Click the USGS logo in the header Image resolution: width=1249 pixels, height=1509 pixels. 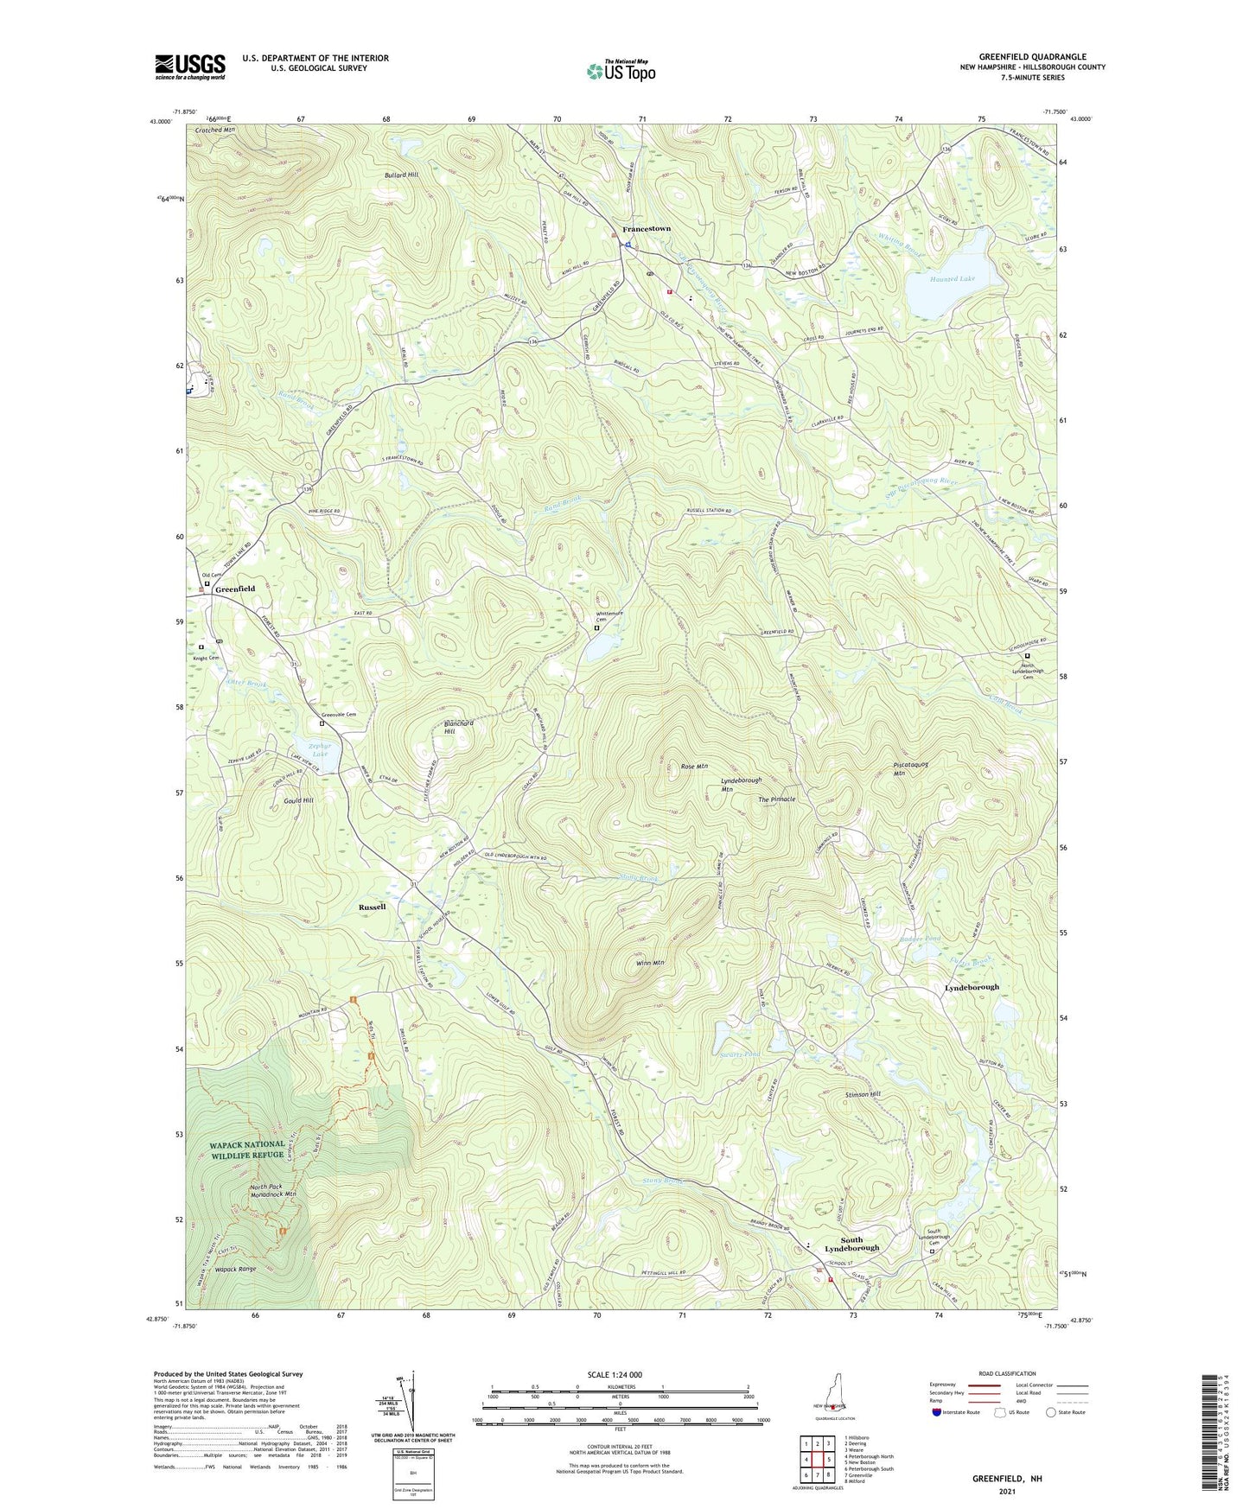click(190, 67)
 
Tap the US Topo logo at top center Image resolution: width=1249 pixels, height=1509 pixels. click(620, 71)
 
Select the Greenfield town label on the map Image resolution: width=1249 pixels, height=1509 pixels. click(235, 589)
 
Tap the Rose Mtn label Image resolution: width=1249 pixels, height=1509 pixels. click(694, 767)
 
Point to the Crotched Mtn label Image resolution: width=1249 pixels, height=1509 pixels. click(214, 130)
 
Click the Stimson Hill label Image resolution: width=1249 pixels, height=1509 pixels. click(863, 1095)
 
